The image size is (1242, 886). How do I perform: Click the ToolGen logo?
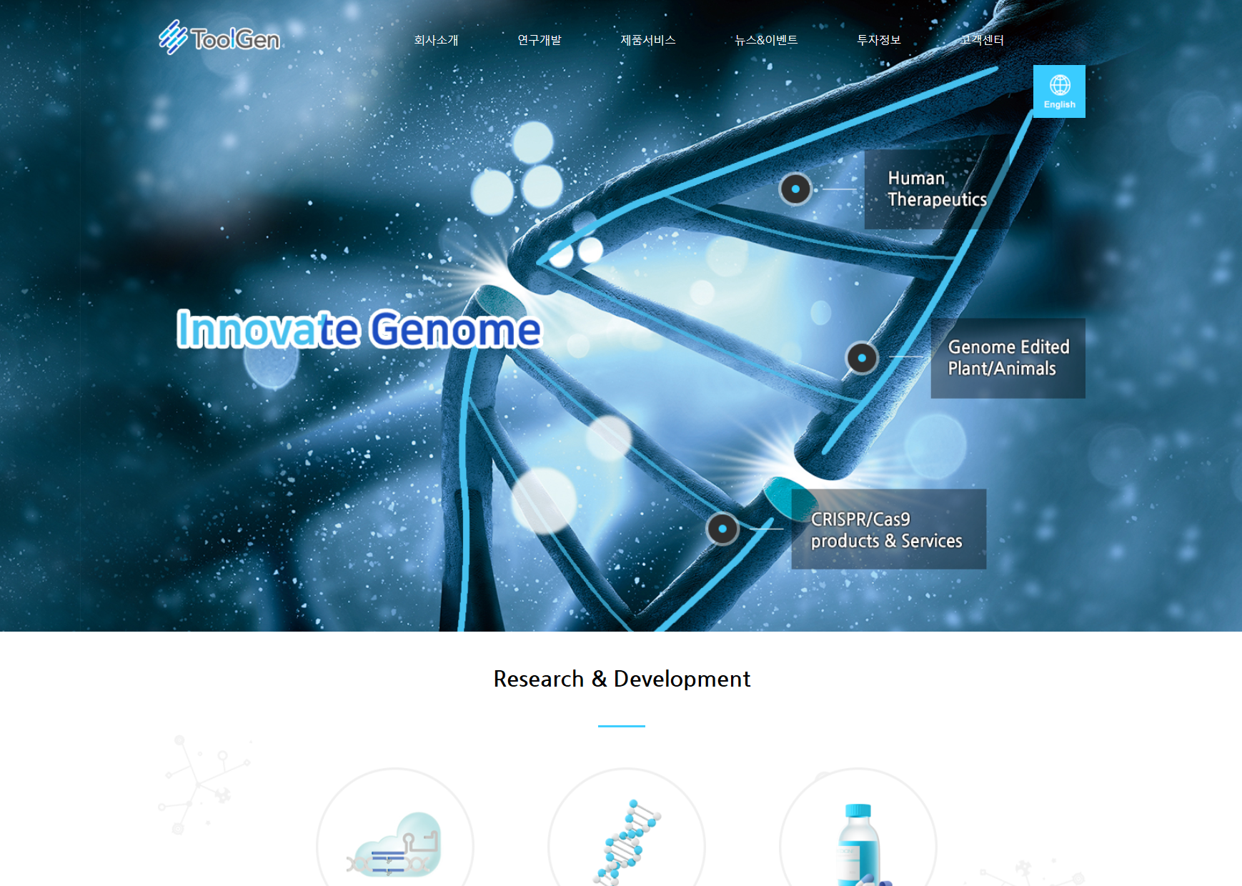click(219, 37)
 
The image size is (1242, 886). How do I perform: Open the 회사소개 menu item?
click(436, 40)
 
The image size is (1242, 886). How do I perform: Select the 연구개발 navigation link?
click(540, 40)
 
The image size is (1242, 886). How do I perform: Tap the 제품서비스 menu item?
click(648, 40)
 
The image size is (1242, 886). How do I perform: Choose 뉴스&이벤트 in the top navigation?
click(766, 40)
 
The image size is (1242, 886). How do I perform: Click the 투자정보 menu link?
click(879, 40)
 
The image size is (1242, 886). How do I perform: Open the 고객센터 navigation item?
click(982, 40)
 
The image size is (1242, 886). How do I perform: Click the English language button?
click(1059, 91)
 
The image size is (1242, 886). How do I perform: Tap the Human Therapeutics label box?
click(937, 189)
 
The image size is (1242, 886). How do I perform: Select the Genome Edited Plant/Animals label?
click(1008, 358)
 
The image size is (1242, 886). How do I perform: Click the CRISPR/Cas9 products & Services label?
click(888, 529)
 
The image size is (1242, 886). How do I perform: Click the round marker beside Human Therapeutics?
click(795, 189)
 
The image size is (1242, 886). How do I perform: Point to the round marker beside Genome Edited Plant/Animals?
click(862, 358)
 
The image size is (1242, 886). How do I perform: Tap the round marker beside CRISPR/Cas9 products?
click(722, 529)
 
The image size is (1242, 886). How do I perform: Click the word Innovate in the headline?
click(268, 329)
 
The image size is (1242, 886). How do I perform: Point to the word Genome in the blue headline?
click(456, 329)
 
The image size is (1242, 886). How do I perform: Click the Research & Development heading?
click(622, 679)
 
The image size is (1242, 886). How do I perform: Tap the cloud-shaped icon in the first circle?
click(394, 845)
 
